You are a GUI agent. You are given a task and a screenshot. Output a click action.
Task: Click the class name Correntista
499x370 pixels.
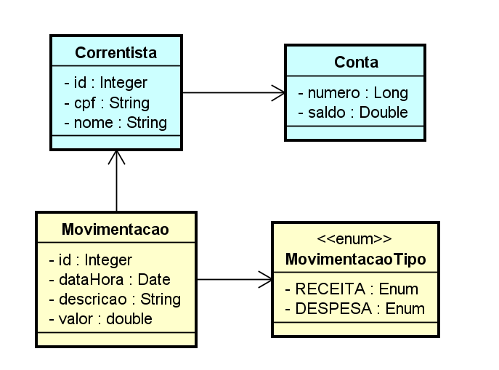tap(115, 53)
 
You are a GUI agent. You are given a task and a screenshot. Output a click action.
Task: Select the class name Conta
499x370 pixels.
tap(356, 63)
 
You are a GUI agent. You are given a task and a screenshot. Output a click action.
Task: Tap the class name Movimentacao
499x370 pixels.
tap(115, 230)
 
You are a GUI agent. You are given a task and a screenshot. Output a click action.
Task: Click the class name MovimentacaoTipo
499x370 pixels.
tap(355, 260)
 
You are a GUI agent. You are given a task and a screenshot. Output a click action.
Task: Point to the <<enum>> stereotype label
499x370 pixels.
tap(355, 239)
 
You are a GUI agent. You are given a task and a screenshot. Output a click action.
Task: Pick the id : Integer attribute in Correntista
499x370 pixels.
tap(106, 83)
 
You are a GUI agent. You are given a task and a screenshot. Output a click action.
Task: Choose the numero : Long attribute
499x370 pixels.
tap(353, 93)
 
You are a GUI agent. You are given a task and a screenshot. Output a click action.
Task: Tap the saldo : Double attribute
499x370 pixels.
tap(353, 112)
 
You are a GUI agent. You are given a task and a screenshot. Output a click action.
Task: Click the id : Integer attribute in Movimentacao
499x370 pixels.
tap(91, 260)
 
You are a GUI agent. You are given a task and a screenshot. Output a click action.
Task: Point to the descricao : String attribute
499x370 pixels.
tap(115, 299)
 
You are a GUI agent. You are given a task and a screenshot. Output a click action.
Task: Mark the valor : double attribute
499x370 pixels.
tap(100, 318)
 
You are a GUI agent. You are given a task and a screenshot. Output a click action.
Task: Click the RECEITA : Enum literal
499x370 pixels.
tap(351, 289)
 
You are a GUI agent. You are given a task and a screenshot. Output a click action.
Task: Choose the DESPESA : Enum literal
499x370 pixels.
tap(354, 309)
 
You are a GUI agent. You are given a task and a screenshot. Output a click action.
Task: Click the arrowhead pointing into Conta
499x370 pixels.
tap(279, 92)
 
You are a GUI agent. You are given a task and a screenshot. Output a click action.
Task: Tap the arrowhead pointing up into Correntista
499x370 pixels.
tap(116, 156)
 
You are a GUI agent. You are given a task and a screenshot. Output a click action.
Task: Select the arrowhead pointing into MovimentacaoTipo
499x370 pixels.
tap(266, 279)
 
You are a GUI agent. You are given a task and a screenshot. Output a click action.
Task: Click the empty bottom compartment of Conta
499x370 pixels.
tap(355, 132)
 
